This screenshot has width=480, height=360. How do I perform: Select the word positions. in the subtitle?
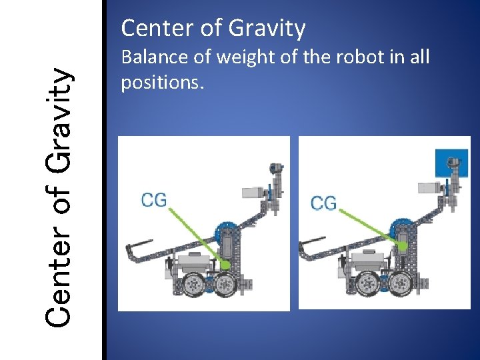point(162,83)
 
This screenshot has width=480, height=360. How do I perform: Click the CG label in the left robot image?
point(154,199)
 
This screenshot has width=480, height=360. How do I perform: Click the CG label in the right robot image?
point(324,202)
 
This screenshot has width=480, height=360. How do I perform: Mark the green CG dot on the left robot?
point(225,265)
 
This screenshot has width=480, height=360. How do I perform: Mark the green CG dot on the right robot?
point(402,246)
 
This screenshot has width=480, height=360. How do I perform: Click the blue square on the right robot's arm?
point(452,162)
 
